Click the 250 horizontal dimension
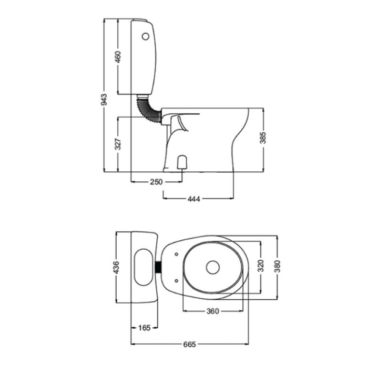[x=156, y=182]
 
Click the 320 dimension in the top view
[x=261, y=266]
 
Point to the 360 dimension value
[x=212, y=311]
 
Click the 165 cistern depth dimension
[x=145, y=328]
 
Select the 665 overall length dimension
[x=190, y=345]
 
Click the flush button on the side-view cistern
[x=145, y=37]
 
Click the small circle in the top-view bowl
[x=212, y=267]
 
